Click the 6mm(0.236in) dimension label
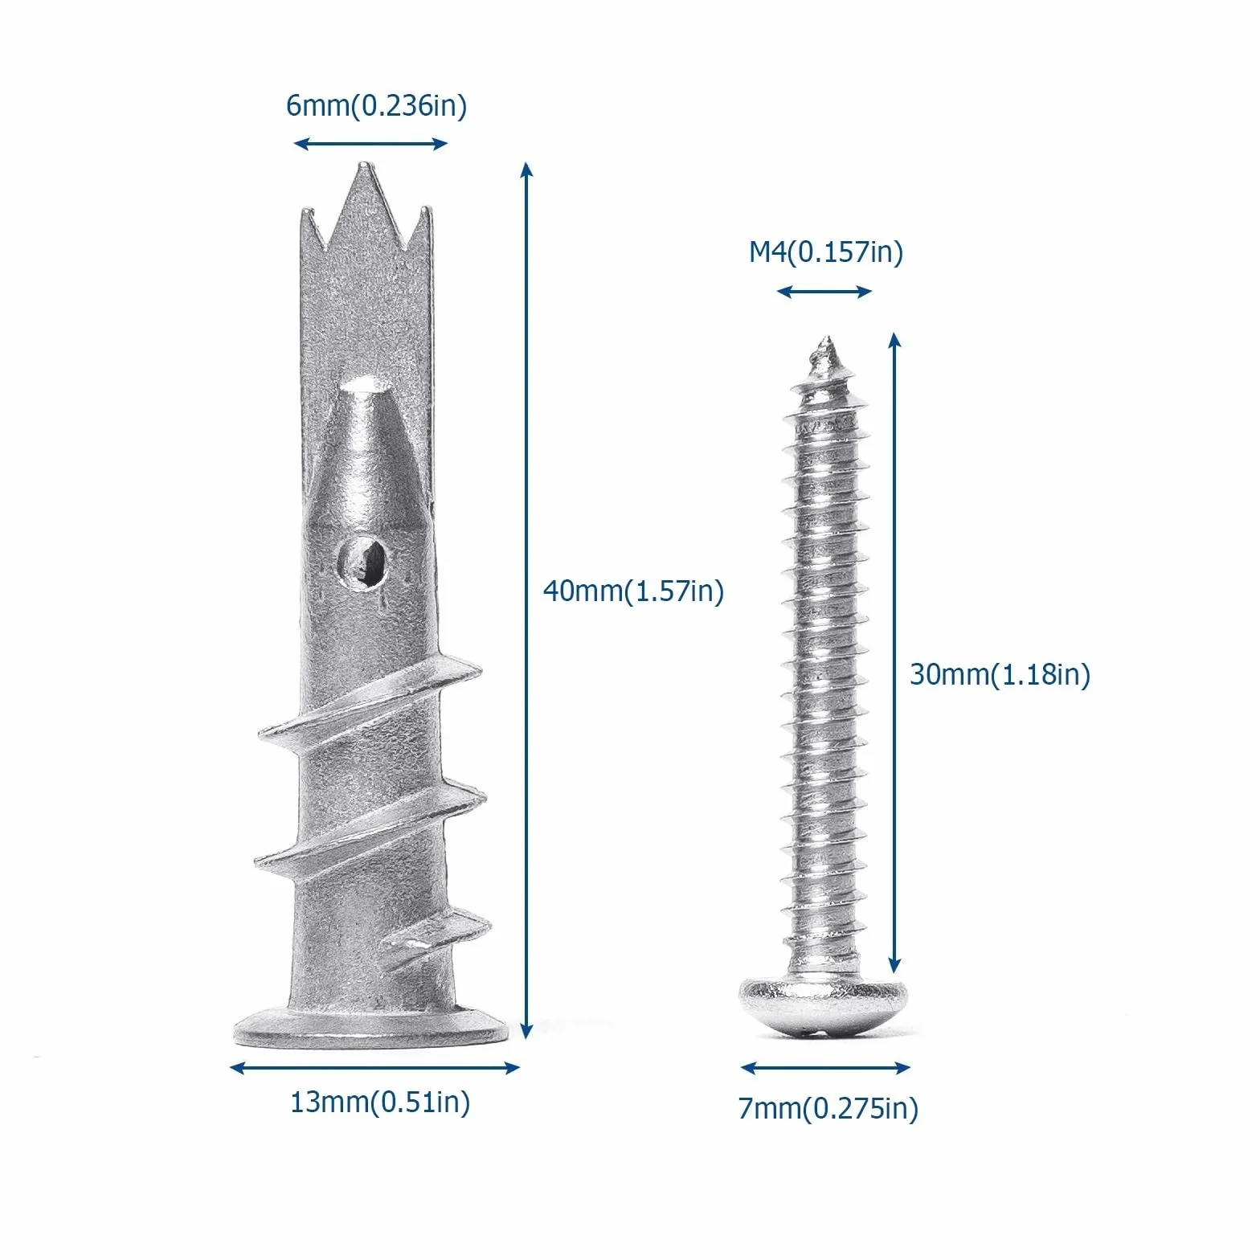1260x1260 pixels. [x=376, y=105]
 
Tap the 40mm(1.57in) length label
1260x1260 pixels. [x=633, y=591]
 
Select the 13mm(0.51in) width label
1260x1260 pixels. [x=380, y=1102]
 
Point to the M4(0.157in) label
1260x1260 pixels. [x=826, y=252]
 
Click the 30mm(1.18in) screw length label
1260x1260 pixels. [x=1000, y=674]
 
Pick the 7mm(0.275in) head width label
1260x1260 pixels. [x=828, y=1109]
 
